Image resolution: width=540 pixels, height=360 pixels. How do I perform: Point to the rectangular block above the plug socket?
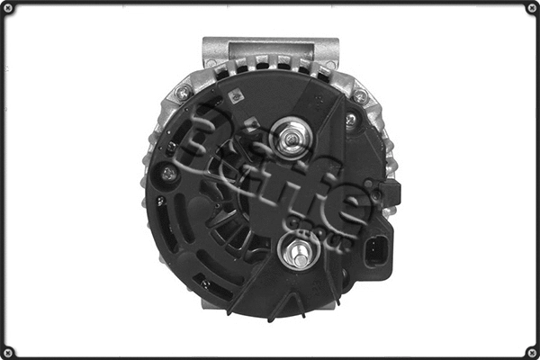391,192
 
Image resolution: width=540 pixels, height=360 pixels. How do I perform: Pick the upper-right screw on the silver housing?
360,95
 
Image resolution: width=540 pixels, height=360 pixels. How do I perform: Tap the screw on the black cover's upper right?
351,118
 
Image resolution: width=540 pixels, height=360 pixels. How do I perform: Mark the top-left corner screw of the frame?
8,8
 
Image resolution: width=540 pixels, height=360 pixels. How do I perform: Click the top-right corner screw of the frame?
531,8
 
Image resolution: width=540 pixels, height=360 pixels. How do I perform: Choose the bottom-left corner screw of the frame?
8,351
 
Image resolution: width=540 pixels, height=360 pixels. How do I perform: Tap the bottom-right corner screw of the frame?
531,351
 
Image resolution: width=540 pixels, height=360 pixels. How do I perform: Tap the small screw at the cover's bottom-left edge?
206,283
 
